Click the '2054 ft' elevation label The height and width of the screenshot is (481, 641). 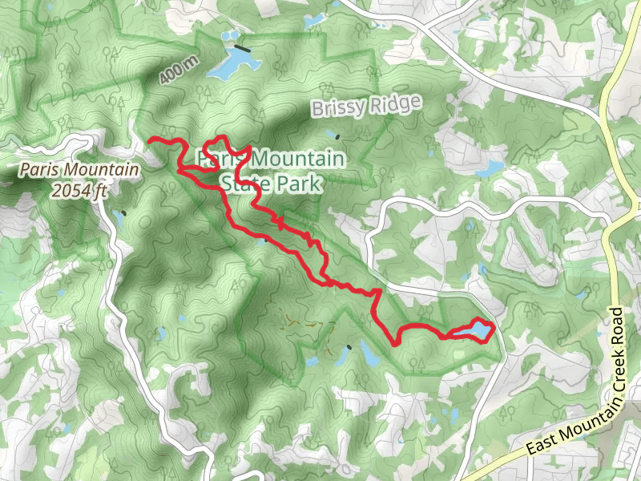[x=79, y=190]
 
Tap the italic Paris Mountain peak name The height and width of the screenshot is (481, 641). [x=79, y=170]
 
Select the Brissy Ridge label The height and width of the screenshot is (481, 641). [x=365, y=107]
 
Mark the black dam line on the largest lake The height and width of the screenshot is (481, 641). [x=242, y=49]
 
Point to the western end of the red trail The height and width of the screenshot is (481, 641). [x=151, y=141]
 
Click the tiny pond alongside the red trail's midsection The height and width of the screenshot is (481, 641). [x=265, y=239]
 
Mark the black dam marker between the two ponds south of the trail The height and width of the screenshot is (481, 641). [x=349, y=346]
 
